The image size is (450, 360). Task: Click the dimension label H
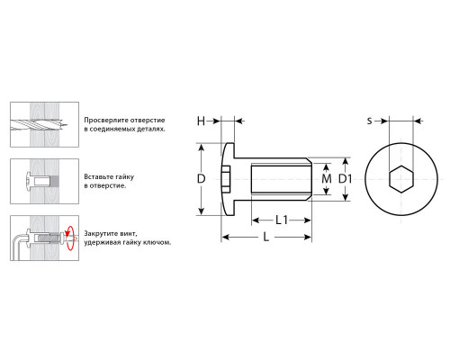(201, 121)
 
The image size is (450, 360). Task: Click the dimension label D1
(345, 179)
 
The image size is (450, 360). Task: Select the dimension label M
(327, 179)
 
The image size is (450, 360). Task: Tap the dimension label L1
(282, 220)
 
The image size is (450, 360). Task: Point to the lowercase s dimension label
(370, 121)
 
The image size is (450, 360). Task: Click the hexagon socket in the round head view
(401, 179)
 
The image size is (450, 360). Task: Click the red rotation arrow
(69, 238)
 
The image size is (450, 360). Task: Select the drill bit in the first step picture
(39, 124)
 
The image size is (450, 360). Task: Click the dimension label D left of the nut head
(201, 179)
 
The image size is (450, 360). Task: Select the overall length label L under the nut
(266, 237)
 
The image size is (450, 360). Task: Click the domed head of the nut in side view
(228, 179)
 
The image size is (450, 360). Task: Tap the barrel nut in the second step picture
(42, 181)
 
